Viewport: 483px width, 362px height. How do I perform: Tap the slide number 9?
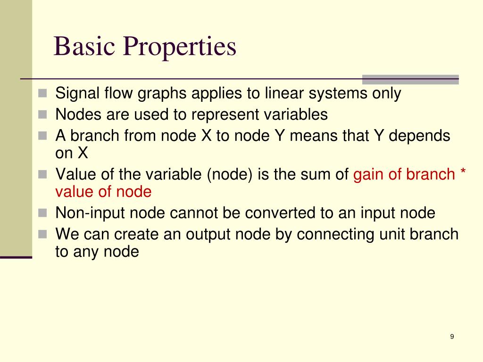point(452,336)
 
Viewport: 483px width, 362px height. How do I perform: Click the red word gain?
point(369,174)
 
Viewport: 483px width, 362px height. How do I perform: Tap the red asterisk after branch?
point(463,173)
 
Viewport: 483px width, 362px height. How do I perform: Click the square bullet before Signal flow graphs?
point(43,93)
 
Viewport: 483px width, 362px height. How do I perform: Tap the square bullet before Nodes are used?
point(43,114)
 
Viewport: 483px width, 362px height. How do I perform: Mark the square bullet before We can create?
point(43,234)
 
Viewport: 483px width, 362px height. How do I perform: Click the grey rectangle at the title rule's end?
point(410,79)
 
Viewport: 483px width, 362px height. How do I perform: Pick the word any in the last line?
point(85,252)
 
